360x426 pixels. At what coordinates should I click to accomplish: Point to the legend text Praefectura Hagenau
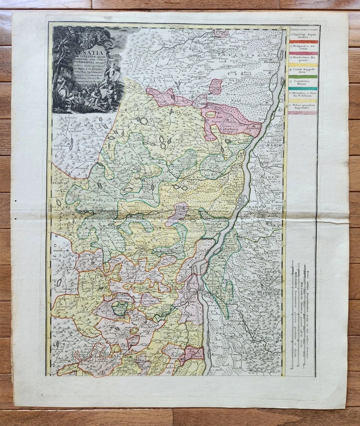pos(303,59)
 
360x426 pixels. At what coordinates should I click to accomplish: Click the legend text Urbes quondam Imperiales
pos(303,106)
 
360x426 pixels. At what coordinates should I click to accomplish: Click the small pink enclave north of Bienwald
pos(216,86)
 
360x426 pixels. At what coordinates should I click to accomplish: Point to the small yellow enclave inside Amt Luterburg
pos(210,115)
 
